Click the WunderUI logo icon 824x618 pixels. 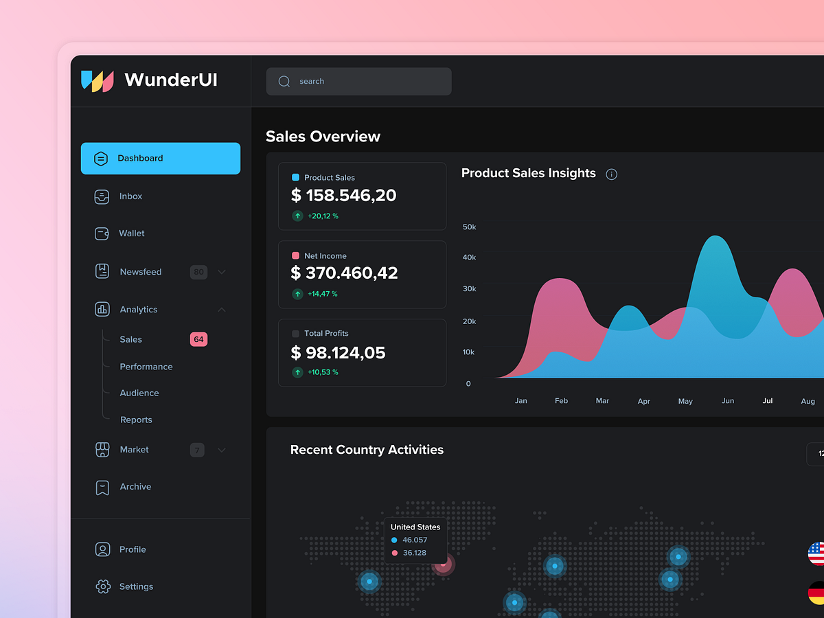tap(97, 80)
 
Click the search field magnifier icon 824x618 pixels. tap(284, 82)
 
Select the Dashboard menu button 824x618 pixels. tap(161, 159)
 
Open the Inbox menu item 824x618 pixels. tap(130, 196)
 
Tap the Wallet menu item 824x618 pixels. tap(131, 233)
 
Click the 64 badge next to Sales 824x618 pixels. tap(198, 339)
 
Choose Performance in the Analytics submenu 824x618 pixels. tap(146, 367)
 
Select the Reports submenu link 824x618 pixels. tap(136, 420)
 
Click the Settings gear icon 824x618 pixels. tap(102, 586)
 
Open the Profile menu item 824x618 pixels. tap(133, 549)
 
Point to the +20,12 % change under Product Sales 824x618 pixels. tap(323, 216)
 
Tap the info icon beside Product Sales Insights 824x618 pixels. tap(611, 174)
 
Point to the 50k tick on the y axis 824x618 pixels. tap(470, 227)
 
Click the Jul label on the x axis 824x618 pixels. tap(768, 401)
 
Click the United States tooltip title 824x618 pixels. tap(415, 527)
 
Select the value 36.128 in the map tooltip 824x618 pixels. tap(414, 553)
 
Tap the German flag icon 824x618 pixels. tap(816, 593)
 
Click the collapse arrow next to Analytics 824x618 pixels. tap(222, 310)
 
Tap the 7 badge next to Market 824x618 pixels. tap(197, 450)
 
